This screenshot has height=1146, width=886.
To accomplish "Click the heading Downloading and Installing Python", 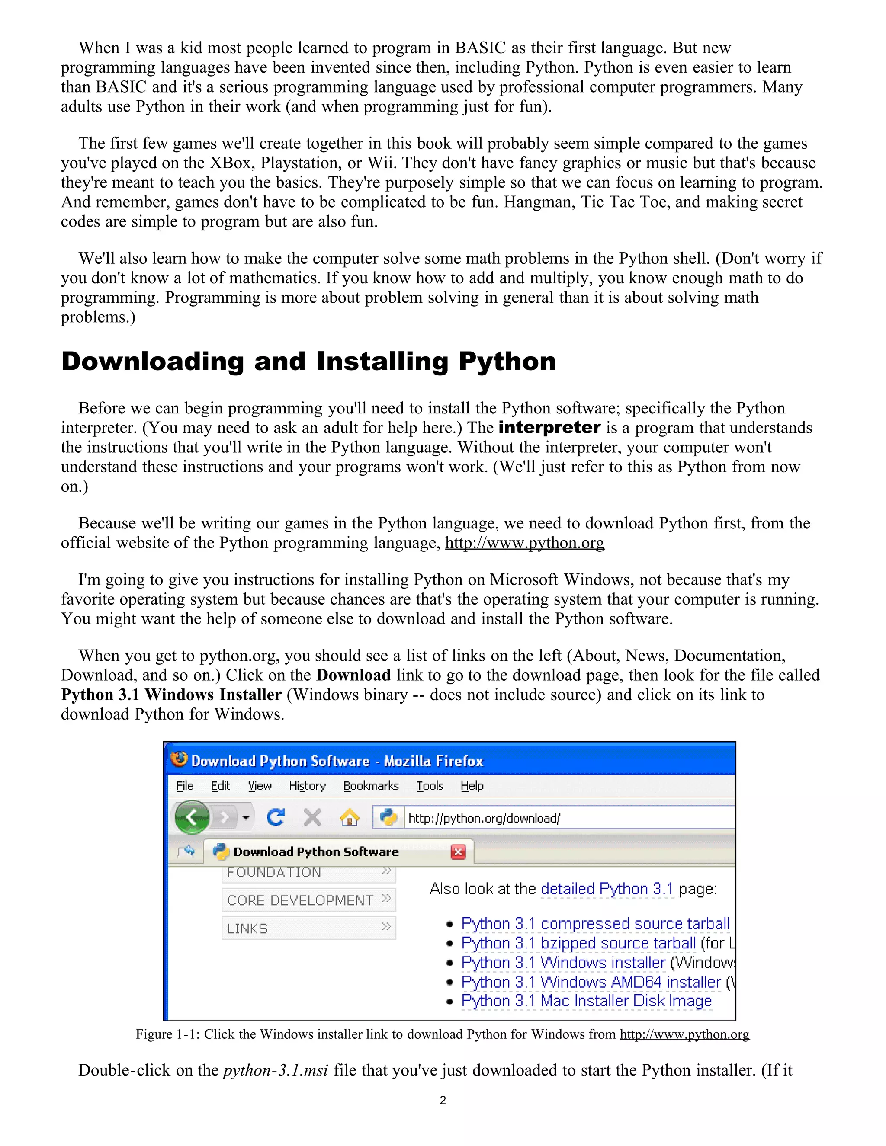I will tap(308, 362).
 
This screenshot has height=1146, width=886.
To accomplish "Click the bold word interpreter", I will tap(549, 428).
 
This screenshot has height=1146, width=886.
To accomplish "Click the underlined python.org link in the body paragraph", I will tap(524, 543).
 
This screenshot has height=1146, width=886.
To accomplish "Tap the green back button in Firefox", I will tap(192, 817).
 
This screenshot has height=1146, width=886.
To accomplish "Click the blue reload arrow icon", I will tap(276, 817).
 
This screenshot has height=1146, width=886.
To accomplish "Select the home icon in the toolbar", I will tap(350, 817).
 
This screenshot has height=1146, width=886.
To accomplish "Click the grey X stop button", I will tap(312, 817).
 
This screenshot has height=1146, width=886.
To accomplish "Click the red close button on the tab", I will tap(458, 851).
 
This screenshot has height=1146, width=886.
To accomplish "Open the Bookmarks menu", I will tap(371, 785).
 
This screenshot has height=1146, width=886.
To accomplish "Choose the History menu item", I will tap(307, 785).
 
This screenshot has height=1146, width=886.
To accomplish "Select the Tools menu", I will tap(429, 785).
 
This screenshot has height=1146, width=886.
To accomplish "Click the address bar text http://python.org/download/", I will tap(484, 818).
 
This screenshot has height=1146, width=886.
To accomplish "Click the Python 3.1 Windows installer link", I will tap(563, 962).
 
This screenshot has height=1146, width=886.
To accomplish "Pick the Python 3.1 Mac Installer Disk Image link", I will tap(586, 1001).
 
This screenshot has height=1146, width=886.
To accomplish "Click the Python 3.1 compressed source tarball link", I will tap(595, 924).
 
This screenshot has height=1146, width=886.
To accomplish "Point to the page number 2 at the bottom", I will tap(443, 1100).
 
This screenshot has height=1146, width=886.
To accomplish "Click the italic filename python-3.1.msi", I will tap(276, 1070).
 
